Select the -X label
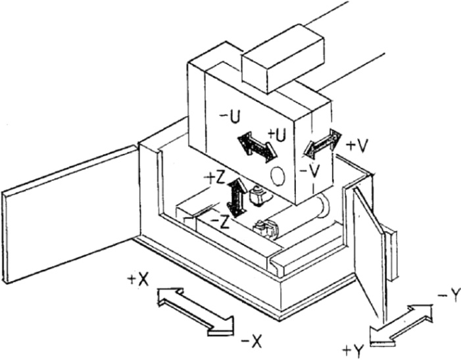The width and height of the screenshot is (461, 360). point(251,342)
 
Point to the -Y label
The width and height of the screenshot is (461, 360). point(449,296)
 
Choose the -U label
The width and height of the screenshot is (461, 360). point(230,117)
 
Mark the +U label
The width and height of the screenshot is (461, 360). point(277,136)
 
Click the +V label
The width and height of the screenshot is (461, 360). point(357,146)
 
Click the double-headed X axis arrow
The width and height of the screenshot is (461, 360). point(196,312)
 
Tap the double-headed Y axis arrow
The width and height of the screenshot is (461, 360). point(401,324)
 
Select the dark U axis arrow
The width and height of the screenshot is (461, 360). point(257,146)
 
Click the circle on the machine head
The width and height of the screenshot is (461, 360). point(278,176)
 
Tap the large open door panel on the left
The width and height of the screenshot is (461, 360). point(70,214)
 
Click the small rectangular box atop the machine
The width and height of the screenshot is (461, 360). point(283,59)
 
